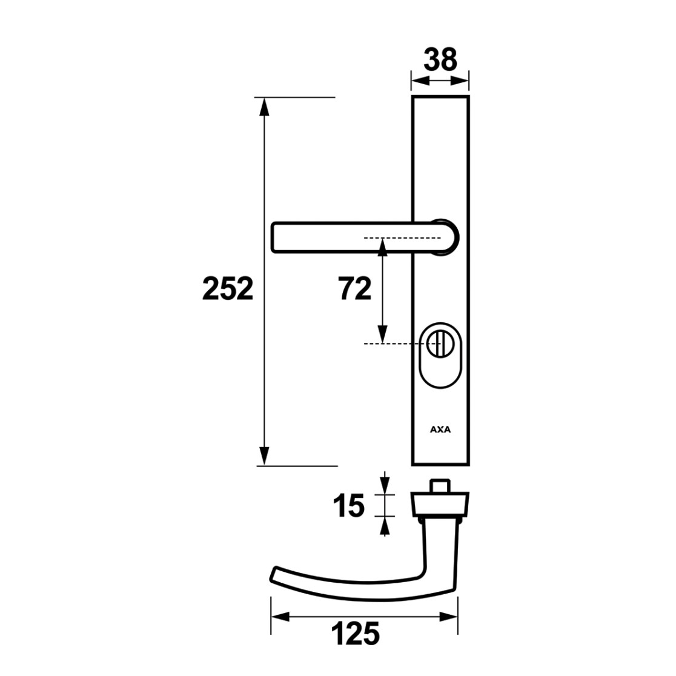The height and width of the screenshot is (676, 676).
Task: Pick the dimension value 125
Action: (355, 634)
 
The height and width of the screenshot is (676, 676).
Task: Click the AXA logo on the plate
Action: (440, 429)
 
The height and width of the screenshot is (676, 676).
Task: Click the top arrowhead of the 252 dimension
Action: (264, 107)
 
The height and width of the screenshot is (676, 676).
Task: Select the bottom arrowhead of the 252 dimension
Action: (264, 456)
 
